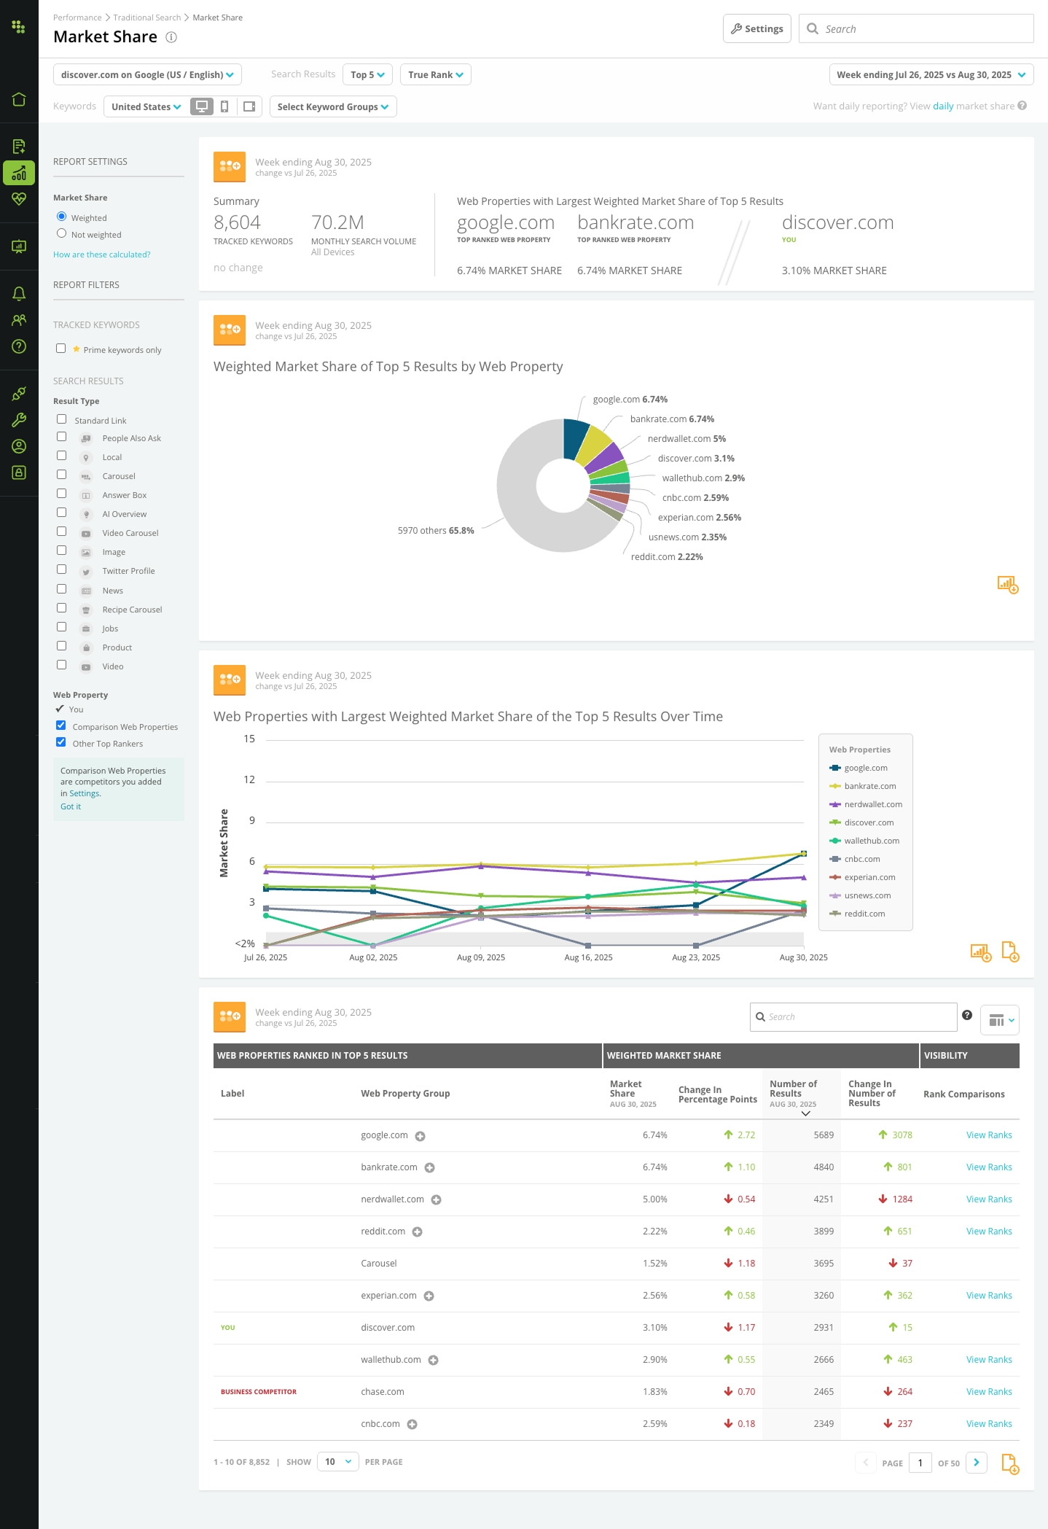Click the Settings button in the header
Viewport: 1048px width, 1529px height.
pos(756,29)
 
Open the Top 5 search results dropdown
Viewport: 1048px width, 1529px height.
pos(367,75)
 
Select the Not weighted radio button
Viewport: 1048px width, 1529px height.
pos(62,234)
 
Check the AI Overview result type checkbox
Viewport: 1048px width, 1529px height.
pos(62,513)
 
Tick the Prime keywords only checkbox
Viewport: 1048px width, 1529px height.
pos(61,349)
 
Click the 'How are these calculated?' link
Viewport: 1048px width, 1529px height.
pos(101,254)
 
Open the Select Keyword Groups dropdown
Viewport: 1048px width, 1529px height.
pos(332,107)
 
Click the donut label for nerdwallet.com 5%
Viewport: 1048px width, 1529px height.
pos(686,439)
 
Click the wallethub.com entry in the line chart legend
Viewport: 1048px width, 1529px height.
pos(871,841)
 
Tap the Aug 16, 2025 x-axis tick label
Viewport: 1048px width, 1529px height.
pos(588,957)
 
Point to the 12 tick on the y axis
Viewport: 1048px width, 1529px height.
pos(249,780)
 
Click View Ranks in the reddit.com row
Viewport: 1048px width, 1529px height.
pos(988,1232)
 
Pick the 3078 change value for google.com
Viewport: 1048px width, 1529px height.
pos(902,1135)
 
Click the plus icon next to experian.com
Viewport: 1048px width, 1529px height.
pos(429,1296)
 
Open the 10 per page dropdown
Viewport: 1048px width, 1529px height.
pos(337,1462)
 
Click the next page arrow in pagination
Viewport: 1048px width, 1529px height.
pos(976,1463)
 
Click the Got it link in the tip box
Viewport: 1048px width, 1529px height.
pos(71,807)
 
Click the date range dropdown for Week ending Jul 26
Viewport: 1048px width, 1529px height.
pos(931,75)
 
